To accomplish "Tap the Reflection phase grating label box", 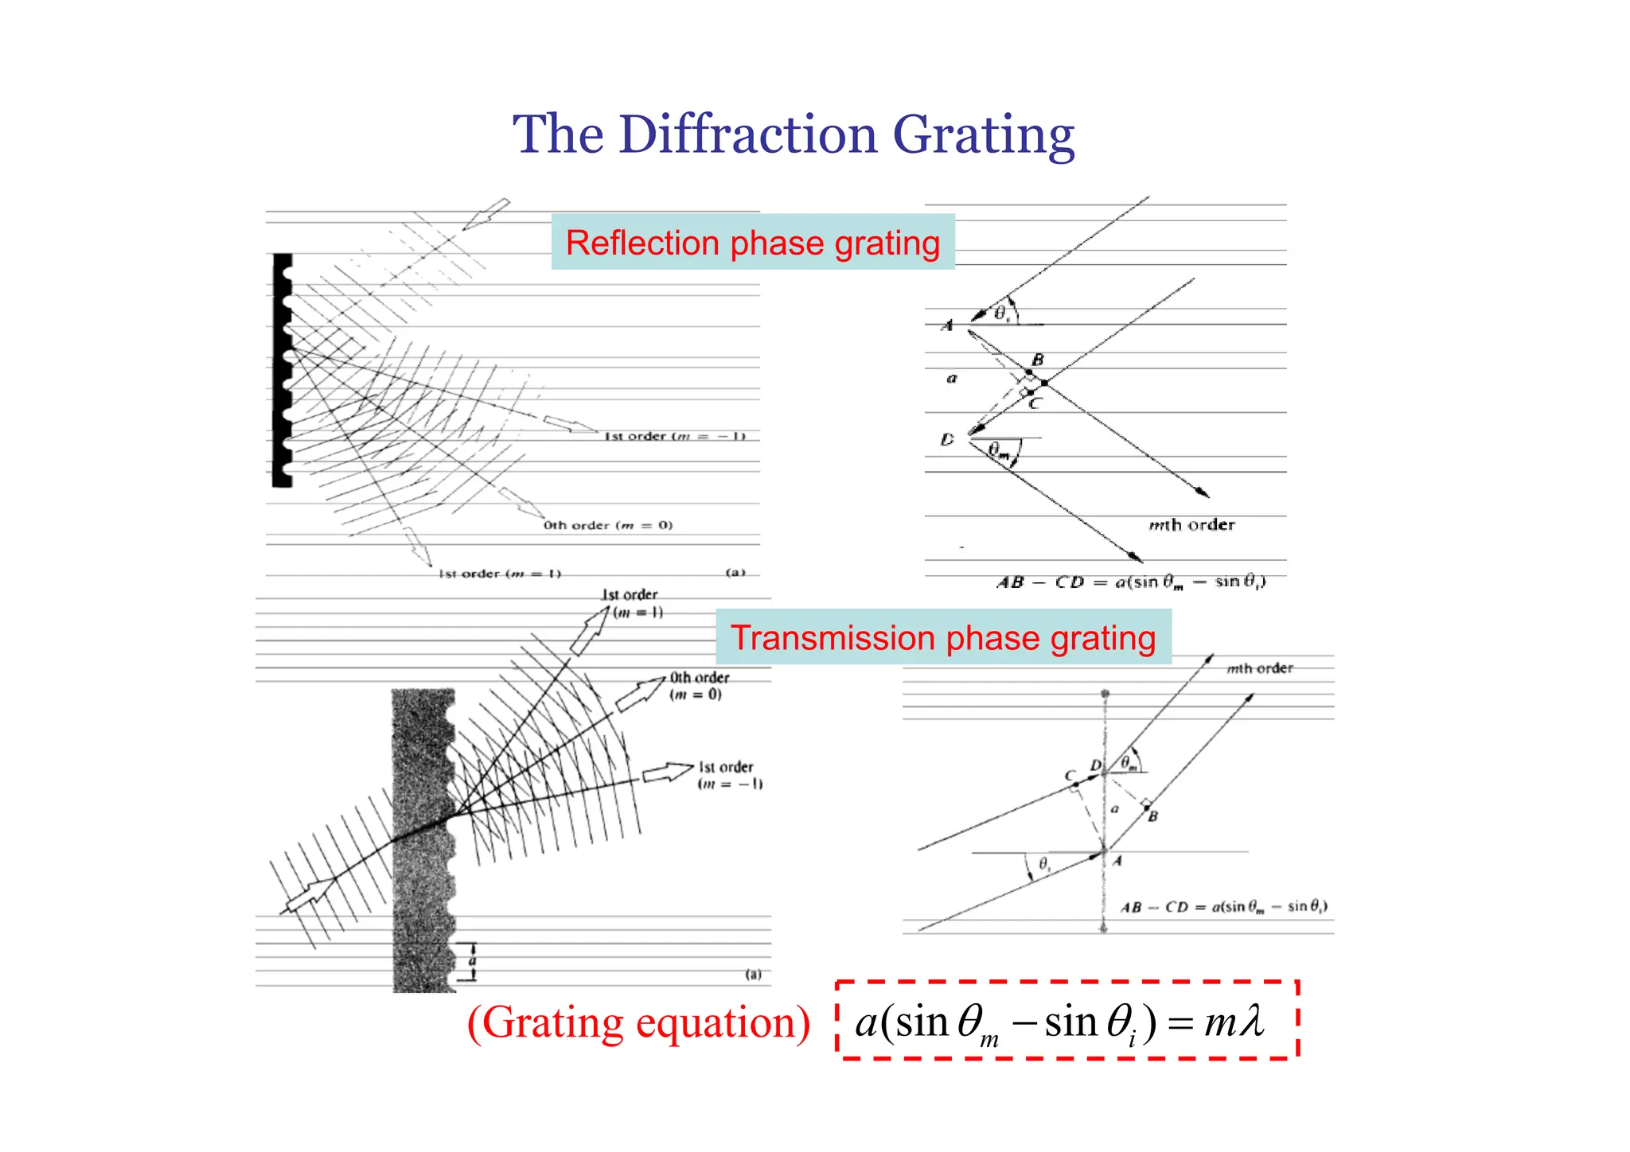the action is (753, 243).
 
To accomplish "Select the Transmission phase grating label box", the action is (943, 637).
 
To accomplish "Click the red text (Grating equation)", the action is (638, 1022).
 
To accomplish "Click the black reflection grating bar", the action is (281, 370).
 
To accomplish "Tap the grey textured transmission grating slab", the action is (422, 835).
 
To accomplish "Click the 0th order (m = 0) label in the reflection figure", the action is (608, 525).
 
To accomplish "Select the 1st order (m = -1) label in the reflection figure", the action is (675, 436).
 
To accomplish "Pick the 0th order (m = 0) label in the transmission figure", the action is (698, 686).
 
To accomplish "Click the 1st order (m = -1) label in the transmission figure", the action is (728, 775).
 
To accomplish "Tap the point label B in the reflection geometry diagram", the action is (1038, 360).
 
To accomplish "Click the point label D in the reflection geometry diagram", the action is (947, 439).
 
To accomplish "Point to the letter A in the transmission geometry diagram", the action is (1117, 861).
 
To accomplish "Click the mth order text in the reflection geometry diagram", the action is (1191, 525).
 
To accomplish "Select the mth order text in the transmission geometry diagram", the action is (1259, 668).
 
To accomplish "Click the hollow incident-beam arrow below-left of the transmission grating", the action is (310, 894).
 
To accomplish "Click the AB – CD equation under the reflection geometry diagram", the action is (1131, 582).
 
